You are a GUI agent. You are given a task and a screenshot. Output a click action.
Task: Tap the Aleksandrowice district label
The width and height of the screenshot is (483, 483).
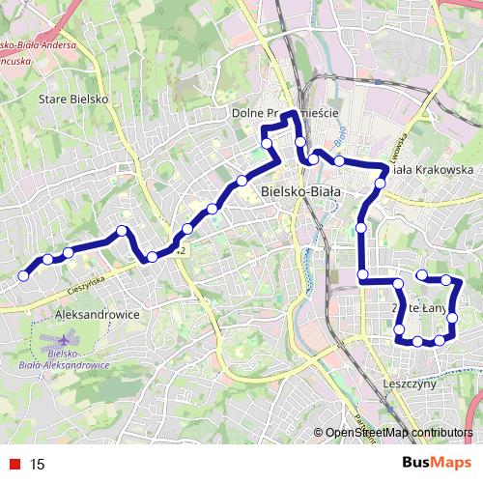99,315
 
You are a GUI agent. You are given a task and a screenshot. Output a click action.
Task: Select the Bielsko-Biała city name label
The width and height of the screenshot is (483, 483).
301,191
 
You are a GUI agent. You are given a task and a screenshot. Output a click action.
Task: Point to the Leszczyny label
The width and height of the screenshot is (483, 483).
411,383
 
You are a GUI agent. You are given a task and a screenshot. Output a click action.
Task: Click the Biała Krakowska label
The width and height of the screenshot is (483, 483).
434,169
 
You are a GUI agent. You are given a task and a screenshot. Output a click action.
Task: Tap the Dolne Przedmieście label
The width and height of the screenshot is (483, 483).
284,113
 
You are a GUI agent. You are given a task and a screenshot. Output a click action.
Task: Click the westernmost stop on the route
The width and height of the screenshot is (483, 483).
24,275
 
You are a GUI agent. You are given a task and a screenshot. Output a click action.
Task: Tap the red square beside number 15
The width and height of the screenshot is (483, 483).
14,464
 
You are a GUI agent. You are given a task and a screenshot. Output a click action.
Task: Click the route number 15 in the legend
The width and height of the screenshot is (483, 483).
38,464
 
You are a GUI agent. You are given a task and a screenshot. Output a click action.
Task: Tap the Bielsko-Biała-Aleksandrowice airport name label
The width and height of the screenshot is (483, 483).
65,362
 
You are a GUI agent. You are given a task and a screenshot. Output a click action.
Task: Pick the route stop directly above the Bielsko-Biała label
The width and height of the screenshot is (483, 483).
301,142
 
